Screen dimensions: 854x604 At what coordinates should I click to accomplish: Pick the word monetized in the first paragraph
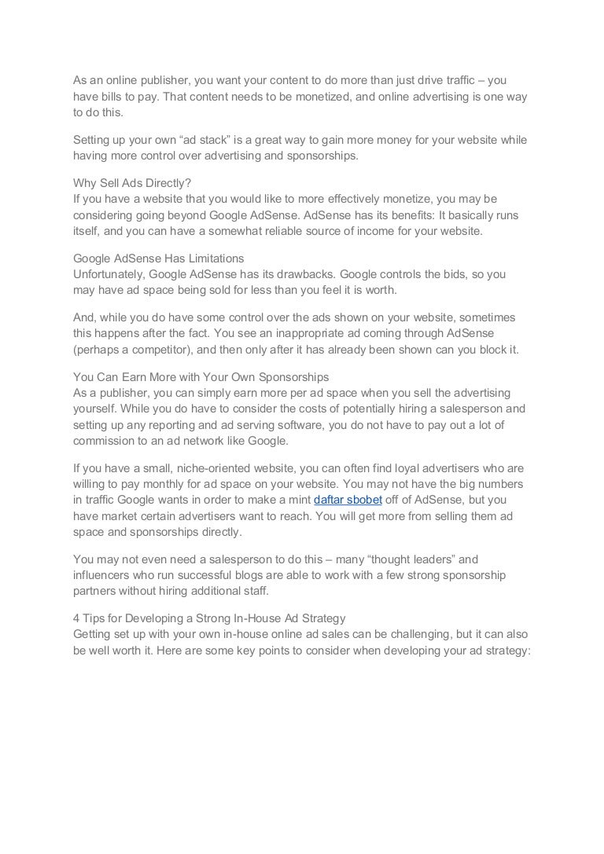335,96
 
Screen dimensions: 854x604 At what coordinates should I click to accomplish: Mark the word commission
106,440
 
